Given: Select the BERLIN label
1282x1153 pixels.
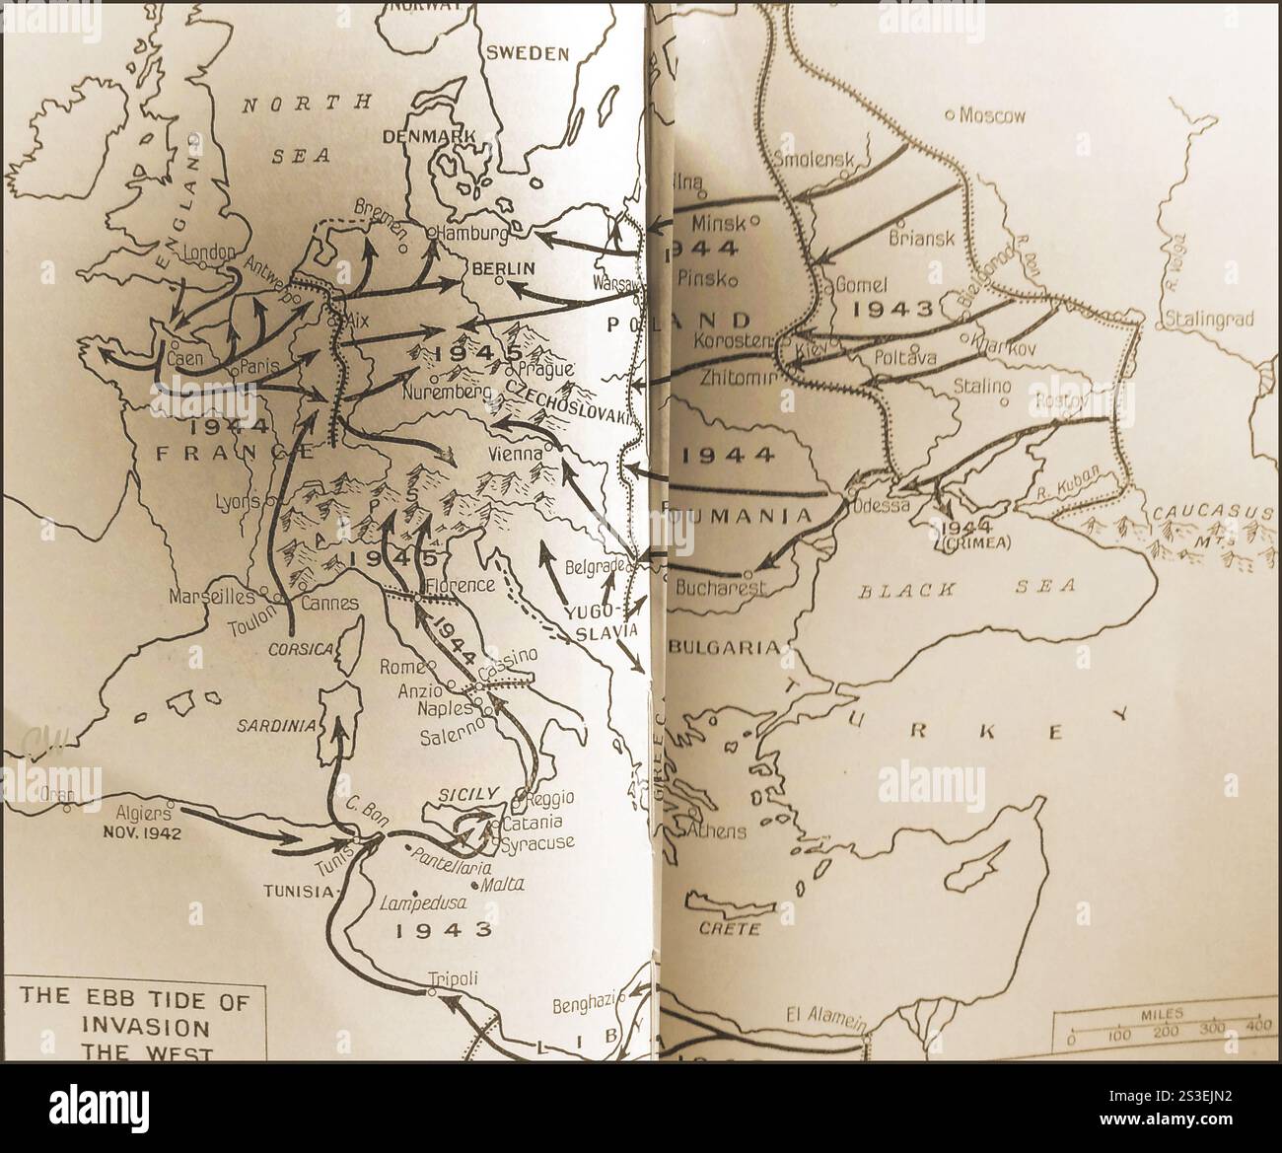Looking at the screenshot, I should (503, 267).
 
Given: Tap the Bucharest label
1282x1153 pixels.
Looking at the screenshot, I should (723, 589).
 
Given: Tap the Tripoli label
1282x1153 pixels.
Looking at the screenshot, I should (453, 978).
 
